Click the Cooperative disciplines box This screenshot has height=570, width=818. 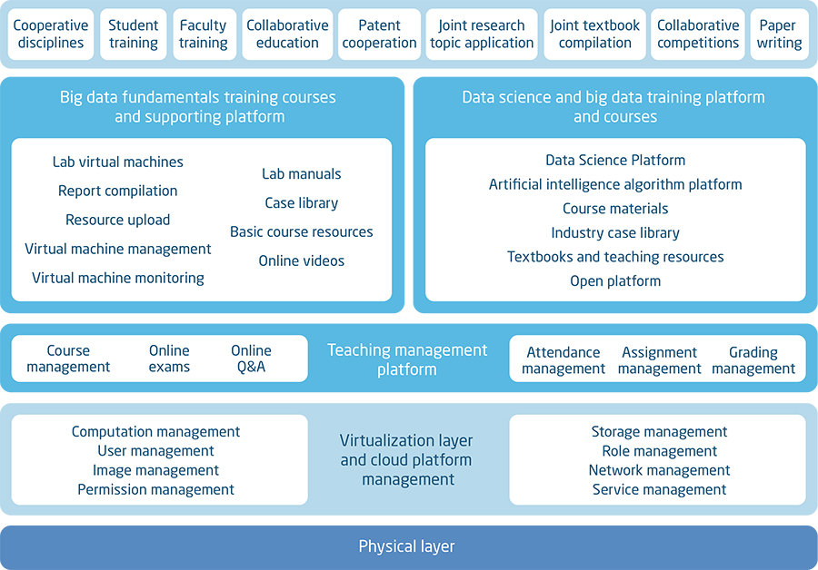[51, 34]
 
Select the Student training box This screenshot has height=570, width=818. [134, 34]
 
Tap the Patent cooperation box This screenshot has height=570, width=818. [379, 34]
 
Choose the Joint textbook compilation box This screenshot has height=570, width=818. [595, 34]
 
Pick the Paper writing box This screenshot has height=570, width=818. [778, 34]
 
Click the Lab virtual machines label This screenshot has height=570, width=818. [118, 162]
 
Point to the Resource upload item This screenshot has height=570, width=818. [118, 220]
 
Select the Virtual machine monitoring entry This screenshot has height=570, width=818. [118, 278]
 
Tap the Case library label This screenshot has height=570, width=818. [302, 203]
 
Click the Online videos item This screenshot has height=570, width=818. [302, 261]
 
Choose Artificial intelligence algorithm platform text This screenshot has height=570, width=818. [615, 185]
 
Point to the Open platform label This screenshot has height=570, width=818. [615, 281]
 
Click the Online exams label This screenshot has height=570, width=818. [169, 359]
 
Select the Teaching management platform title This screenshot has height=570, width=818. [407, 359]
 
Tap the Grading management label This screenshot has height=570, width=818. [753, 360]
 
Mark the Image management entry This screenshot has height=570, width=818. [155, 470]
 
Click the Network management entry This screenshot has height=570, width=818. [659, 470]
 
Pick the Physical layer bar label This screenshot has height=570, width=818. [407, 546]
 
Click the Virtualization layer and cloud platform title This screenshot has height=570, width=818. [407, 459]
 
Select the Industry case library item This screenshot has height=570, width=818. [615, 233]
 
